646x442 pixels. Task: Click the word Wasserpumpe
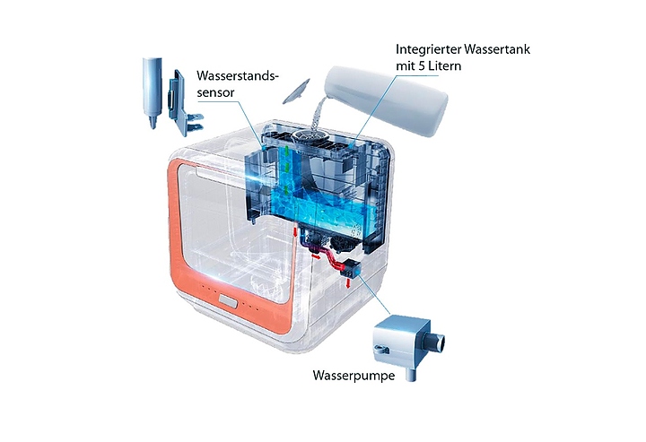[354, 376]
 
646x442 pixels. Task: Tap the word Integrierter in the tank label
[428, 49]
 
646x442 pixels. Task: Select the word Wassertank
[496, 49]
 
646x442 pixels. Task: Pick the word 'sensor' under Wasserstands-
[215, 93]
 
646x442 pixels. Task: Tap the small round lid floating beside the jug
[296, 91]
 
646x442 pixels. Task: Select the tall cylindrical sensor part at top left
[152, 92]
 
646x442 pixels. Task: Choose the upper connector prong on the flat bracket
[194, 117]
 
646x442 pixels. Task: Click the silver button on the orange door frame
[228, 301]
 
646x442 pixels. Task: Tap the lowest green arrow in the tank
[285, 192]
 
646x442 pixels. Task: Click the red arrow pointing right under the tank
[316, 256]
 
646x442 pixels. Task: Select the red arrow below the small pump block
[348, 283]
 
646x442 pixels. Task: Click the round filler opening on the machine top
[309, 135]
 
